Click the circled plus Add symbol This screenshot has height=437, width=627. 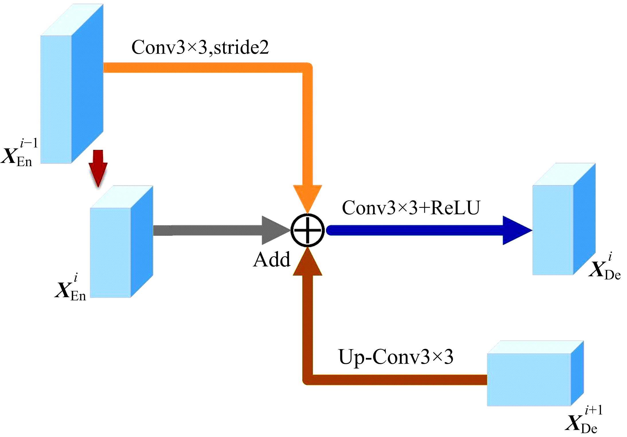click(307, 230)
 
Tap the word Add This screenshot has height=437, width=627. click(271, 260)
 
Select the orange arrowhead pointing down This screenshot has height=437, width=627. click(307, 198)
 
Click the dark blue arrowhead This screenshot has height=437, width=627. click(516, 230)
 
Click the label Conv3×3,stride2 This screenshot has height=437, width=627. click(200, 47)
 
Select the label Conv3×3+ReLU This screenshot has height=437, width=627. click(411, 208)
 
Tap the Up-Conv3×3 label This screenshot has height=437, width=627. click(396, 357)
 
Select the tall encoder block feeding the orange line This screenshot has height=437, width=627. click(72, 86)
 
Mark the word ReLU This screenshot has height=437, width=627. click(455, 208)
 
